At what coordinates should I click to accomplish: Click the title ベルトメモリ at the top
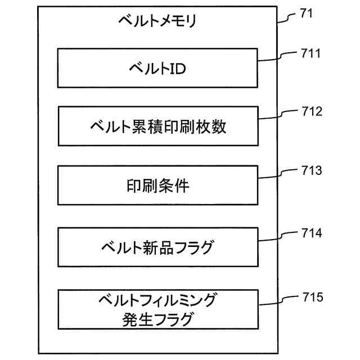tap(157, 22)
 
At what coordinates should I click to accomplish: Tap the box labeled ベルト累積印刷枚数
tap(158, 127)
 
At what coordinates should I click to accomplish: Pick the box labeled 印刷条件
tap(158, 186)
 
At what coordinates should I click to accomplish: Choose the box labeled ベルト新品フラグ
tap(158, 245)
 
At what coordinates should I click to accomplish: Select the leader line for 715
tap(278, 299)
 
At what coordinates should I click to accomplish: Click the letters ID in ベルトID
tap(178, 69)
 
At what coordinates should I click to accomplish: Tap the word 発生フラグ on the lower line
tap(158, 320)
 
